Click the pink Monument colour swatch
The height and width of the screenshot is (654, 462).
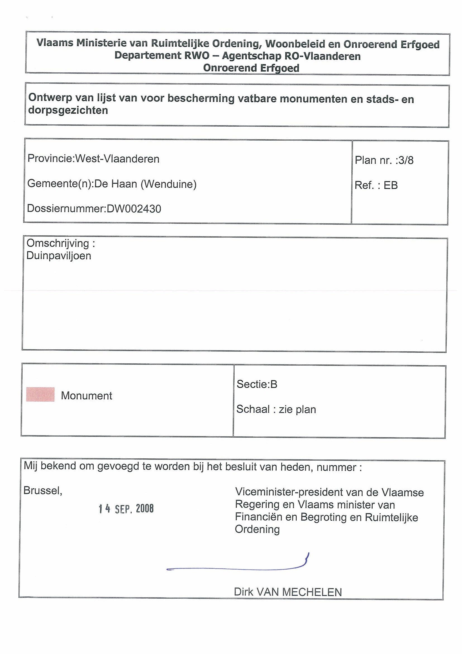pyautogui.click(x=40, y=395)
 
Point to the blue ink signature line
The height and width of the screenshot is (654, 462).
pyautogui.click(x=236, y=568)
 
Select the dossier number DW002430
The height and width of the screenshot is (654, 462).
pyautogui.click(x=134, y=209)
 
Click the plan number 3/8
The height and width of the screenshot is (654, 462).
pyautogui.click(x=406, y=160)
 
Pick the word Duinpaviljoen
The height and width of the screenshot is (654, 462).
pyautogui.click(x=59, y=256)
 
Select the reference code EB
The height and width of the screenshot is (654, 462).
pyautogui.click(x=390, y=185)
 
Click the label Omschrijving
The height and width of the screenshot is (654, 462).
pyautogui.click(x=58, y=243)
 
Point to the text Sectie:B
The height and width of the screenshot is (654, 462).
pyautogui.click(x=257, y=384)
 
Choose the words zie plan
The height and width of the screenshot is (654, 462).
pyautogui.click(x=297, y=409)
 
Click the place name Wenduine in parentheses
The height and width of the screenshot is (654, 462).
pyautogui.click(x=168, y=184)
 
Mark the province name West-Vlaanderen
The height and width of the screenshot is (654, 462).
pyautogui.click(x=117, y=159)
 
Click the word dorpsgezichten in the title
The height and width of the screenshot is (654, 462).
pyautogui.click(x=68, y=110)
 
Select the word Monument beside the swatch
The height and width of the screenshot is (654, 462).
pyautogui.click(x=87, y=396)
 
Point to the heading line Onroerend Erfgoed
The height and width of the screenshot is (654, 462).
pyautogui.click(x=251, y=68)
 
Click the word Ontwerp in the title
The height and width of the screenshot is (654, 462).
pyautogui.click(x=49, y=98)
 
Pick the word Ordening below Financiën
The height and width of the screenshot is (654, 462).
pyautogui.click(x=257, y=529)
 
